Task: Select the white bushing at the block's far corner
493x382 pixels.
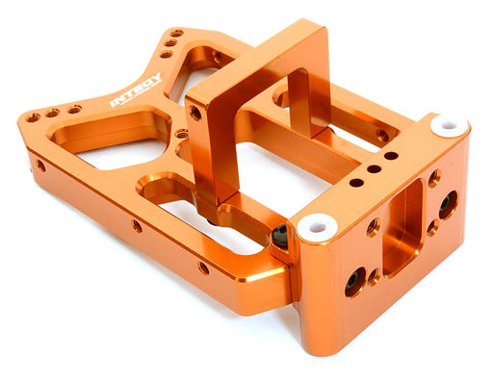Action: point(450,126)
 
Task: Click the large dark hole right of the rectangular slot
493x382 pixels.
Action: point(448,204)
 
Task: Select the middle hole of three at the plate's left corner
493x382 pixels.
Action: point(52,113)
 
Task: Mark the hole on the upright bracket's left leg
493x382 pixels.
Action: point(196,113)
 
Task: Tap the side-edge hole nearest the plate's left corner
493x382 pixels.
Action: point(40,166)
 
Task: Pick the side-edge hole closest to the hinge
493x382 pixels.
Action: point(203,267)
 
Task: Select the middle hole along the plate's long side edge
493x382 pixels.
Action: point(138,227)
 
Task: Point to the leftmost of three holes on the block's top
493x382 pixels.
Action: point(356,182)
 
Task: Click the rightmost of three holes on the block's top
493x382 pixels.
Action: point(391,155)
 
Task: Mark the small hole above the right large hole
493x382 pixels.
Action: point(434,178)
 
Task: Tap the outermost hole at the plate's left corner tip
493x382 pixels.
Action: point(33,117)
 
